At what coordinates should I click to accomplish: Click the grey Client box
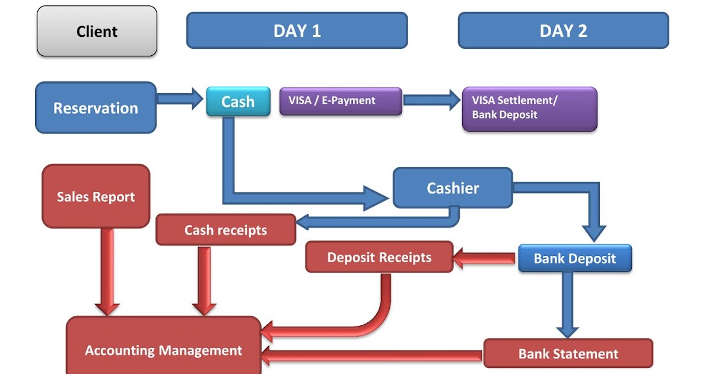point(97,31)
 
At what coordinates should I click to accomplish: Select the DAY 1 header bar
point(297,31)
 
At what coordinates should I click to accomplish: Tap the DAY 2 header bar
point(563,31)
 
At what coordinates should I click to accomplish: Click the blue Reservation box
point(96,108)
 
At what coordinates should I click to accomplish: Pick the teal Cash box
point(237,102)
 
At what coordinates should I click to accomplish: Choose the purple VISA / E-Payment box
point(341,101)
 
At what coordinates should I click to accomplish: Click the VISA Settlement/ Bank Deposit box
point(529,109)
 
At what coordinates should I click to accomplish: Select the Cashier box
point(453,188)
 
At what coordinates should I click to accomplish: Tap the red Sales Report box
point(96,196)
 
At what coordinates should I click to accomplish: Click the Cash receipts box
point(225,230)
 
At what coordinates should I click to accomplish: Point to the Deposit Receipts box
point(379,257)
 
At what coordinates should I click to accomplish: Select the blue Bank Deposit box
point(574,258)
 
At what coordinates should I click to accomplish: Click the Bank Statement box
point(568,354)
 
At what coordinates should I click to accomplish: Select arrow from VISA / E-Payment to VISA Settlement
point(431,100)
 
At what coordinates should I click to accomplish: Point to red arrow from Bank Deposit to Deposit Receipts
point(485,258)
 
